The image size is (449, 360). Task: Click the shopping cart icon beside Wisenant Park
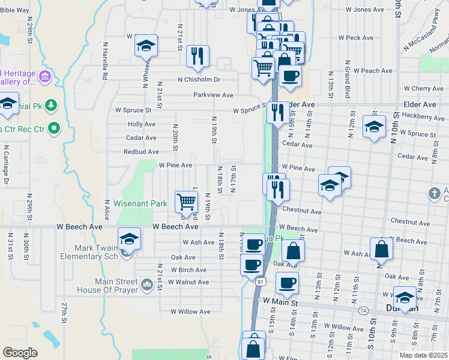pyautogui.click(x=187, y=202)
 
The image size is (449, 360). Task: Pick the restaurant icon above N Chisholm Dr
pyautogui.click(x=197, y=56)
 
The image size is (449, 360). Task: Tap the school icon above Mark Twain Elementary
pyautogui.click(x=129, y=239)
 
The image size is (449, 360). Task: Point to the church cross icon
pyautogui.click(x=434, y=194)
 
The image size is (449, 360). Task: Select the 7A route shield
pyautogui.click(x=363, y=311)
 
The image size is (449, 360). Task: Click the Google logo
pyautogui.click(x=20, y=353)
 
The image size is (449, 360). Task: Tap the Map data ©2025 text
pyautogui.click(x=423, y=355)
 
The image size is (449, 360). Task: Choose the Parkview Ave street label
pyautogui.click(x=213, y=95)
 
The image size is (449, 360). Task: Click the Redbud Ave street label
pyautogui.click(x=141, y=152)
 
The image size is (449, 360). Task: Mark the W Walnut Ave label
pyautogui.click(x=188, y=282)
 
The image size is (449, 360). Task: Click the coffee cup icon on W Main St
pyautogui.click(x=286, y=283)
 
